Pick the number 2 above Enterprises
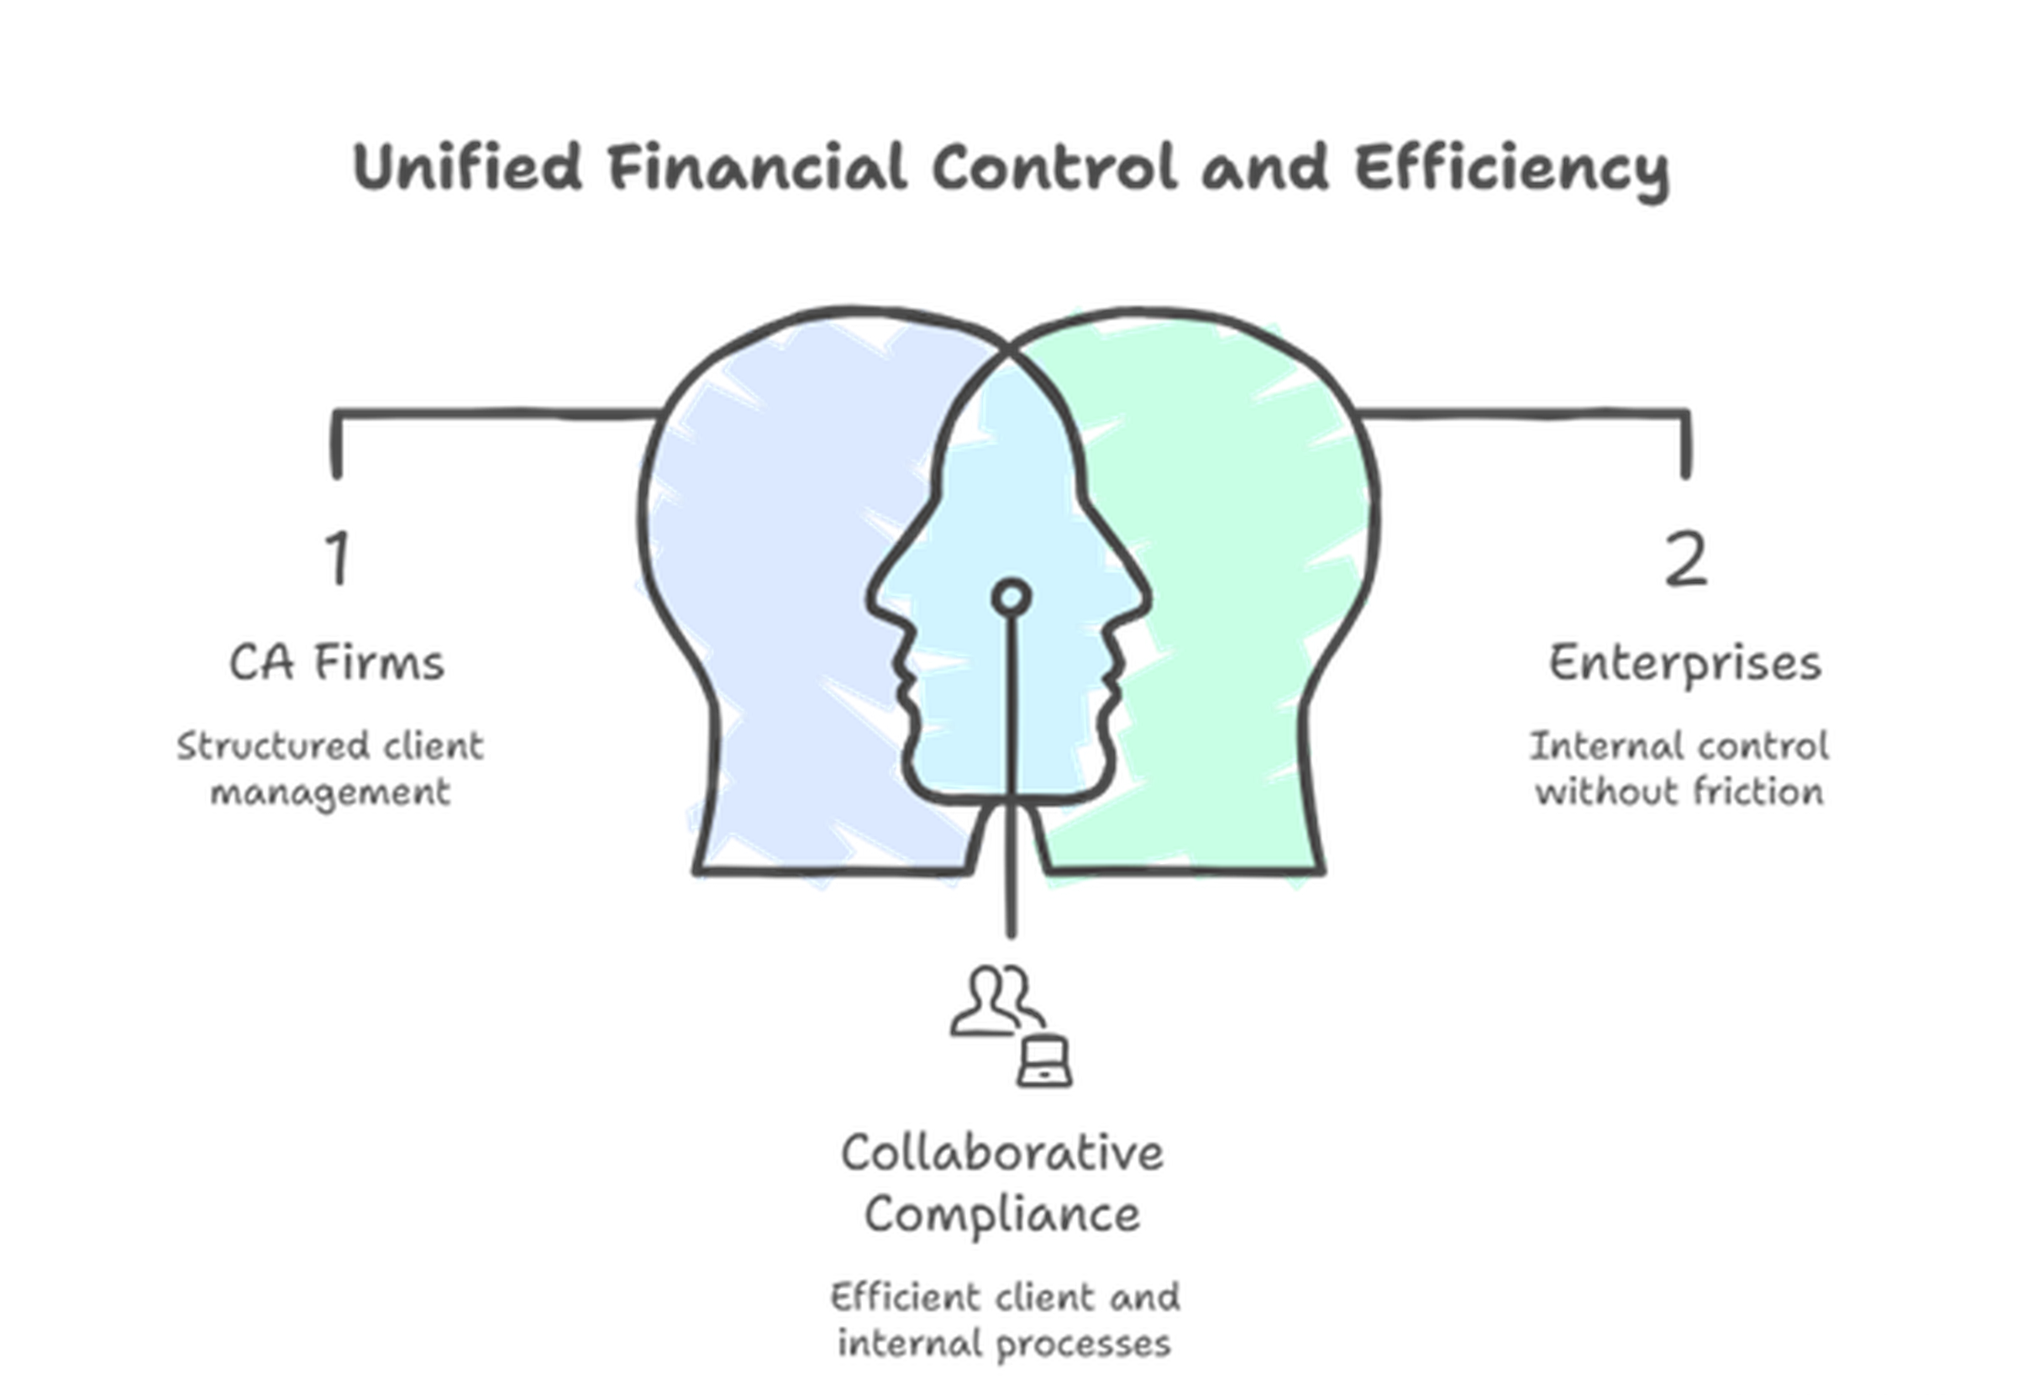tap(1684, 560)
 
